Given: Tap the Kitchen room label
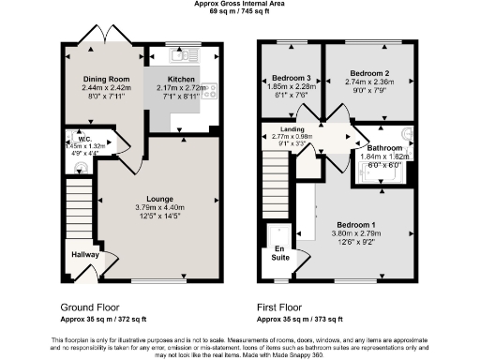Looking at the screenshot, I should click(182, 79).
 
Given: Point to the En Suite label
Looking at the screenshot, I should click(279, 253).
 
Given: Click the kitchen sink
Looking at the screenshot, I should click(185, 53).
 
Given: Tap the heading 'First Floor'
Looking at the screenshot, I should click(285, 307).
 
